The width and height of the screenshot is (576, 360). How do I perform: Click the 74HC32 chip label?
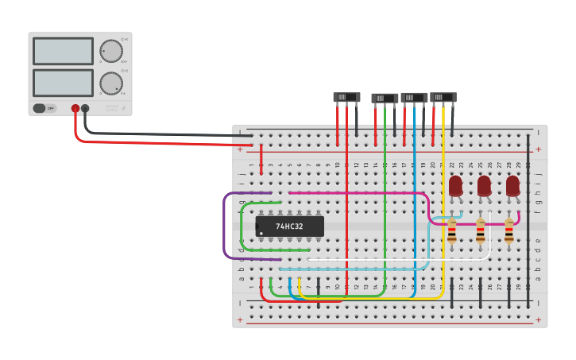click(x=289, y=226)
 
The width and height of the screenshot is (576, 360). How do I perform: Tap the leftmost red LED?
click(x=455, y=186)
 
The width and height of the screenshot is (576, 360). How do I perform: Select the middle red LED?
click(x=484, y=186)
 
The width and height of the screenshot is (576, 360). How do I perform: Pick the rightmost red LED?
click(x=512, y=186)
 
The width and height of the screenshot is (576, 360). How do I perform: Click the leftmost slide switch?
click(x=346, y=97)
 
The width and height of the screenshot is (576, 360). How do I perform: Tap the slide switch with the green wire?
click(x=385, y=99)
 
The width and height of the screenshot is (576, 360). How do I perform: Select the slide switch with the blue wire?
click(x=414, y=98)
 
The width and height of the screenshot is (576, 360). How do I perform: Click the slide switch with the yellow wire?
click(x=443, y=97)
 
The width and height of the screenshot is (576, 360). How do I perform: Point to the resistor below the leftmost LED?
click(x=452, y=231)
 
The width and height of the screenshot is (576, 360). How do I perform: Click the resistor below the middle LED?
click(x=481, y=231)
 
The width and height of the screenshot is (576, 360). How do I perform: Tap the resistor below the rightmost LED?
click(x=509, y=231)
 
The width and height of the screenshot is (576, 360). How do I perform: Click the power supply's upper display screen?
click(x=63, y=52)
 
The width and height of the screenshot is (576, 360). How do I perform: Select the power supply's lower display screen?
click(x=63, y=83)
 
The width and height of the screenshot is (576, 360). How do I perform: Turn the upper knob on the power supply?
click(x=111, y=52)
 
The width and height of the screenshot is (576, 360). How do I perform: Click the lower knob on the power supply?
click(x=111, y=83)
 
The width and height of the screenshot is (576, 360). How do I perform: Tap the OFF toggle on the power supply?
click(x=45, y=108)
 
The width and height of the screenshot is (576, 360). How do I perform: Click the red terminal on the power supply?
click(x=75, y=108)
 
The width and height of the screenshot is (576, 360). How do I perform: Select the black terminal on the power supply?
click(x=86, y=108)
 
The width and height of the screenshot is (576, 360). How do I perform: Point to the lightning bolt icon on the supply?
click(x=122, y=108)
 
